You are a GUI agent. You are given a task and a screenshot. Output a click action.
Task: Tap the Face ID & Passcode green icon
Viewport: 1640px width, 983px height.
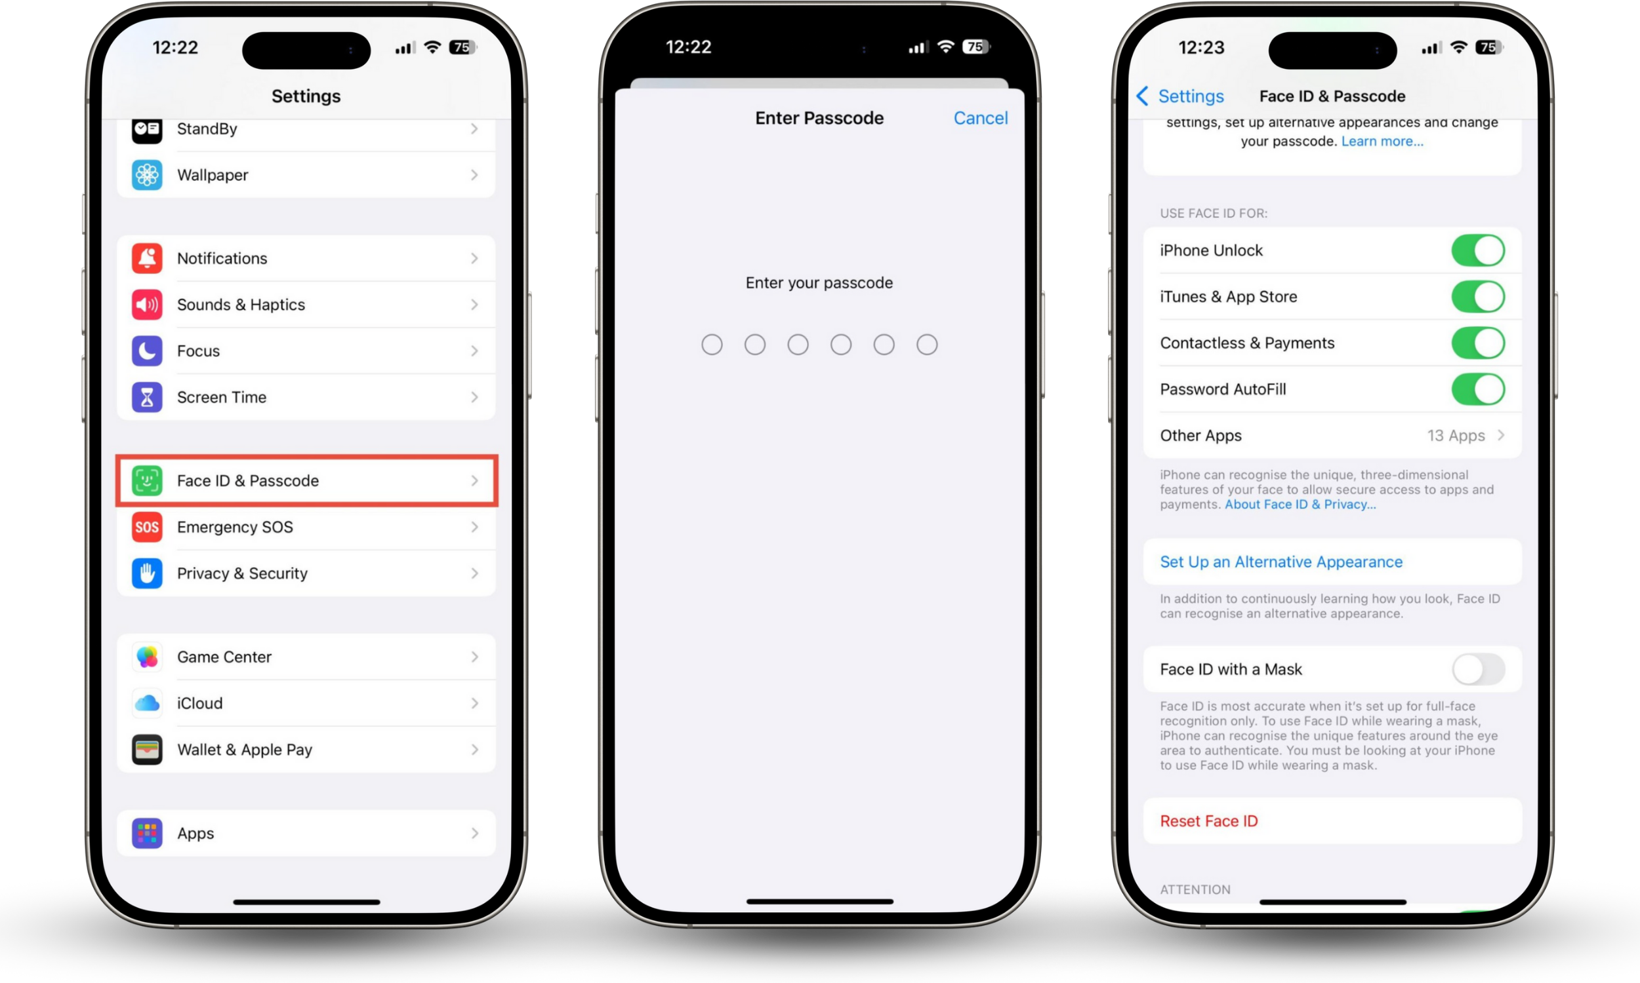[x=146, y=480]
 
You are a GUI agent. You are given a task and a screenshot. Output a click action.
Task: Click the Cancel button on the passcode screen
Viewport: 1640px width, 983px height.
[x=981, y=118]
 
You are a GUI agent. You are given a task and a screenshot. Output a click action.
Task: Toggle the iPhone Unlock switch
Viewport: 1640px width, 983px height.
[x=1477, y=250]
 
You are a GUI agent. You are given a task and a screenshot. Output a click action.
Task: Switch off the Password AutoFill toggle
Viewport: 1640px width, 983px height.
[x=1477, y=389]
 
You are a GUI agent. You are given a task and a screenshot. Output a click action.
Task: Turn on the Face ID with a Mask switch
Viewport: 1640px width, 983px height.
[x=1477, y=669]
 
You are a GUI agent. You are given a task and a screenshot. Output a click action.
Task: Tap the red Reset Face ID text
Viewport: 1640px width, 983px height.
[x=1208, y=820]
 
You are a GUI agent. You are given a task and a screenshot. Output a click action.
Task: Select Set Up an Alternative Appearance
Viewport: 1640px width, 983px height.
[x=1281, y=562]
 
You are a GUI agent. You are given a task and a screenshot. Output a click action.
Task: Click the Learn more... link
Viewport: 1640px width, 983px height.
[x=1382, y=141]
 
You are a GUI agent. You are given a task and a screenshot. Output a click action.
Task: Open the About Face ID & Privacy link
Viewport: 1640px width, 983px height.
[x=1300, y=505]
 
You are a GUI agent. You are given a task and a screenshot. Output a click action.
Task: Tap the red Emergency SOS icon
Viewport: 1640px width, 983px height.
[x=146, y=527]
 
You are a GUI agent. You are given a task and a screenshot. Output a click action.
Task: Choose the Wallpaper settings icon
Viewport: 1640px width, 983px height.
[x=146, y=175]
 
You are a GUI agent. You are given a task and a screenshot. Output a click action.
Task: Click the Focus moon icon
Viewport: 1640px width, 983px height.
[x=146, y=351]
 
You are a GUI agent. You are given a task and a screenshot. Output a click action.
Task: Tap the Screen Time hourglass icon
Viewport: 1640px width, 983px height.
[x=146, y=397]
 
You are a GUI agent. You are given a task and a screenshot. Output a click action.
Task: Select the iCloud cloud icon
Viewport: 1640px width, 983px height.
[x=146, y=703]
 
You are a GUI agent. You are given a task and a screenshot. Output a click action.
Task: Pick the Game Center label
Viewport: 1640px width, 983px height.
[x=224, y=657]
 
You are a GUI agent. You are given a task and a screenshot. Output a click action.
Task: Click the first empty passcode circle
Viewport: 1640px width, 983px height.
[x=712, y=345]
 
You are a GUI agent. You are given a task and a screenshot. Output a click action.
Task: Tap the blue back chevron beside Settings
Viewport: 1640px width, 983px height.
[x=1142, y=96]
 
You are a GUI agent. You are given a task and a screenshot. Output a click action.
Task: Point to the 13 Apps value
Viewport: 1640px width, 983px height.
[x=1456, y=436]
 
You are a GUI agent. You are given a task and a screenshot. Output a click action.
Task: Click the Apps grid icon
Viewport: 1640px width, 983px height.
[x=146, y=833]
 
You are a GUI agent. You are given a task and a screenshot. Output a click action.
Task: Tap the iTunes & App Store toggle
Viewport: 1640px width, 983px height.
[x=1477, y=297]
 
